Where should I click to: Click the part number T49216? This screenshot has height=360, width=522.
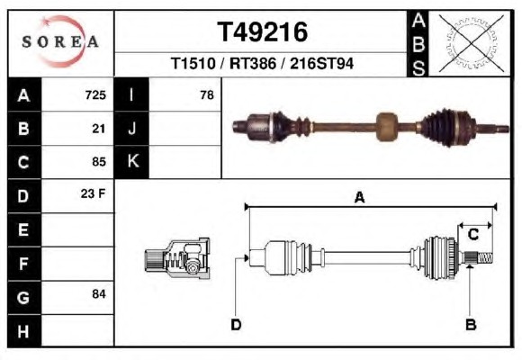coord(262,32)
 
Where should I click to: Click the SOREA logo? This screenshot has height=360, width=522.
coord(60,41)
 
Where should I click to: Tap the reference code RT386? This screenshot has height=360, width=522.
coord(253,63)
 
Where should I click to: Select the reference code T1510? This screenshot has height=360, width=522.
coord(193,63)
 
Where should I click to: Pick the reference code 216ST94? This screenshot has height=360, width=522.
coord(321,63)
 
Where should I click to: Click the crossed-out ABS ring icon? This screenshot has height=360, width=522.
coord(471,43)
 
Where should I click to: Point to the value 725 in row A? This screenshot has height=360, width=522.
coord(95,95)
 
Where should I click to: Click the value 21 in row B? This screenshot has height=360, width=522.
coord(99,129)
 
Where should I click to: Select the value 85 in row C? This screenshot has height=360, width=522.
coord(99,162)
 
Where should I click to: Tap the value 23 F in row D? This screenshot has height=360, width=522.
coord(93,193)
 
